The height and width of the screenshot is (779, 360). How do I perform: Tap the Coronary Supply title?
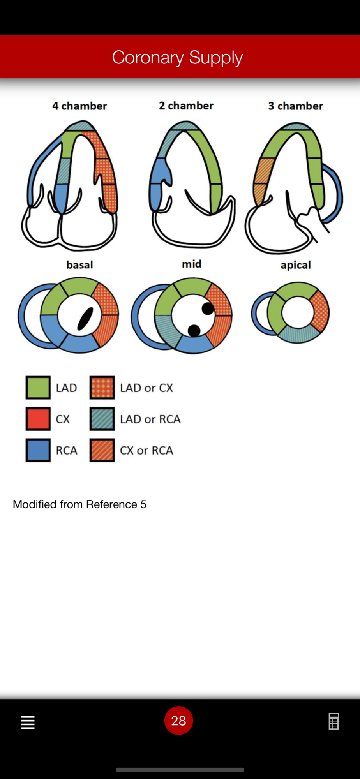[x=177, y=58]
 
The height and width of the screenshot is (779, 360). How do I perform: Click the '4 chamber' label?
[x=79, y=106]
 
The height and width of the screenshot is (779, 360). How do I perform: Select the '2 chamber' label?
[x=186, y=106]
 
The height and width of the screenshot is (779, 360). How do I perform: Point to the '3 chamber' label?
[x=296, y=106]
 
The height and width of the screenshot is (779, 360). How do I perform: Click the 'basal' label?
[x=79, y=265]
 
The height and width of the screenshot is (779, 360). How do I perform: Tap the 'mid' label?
[x=192, y=264]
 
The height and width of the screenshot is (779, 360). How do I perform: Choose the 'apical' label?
[x=296, y=265]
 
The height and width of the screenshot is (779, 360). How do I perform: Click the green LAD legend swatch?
[x=38, y=388]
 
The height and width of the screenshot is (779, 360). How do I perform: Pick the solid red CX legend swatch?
[x=38, y=419]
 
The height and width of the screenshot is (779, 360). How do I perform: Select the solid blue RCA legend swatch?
[x=38, y=450]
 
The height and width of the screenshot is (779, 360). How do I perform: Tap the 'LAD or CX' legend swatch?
[x=102, y=388]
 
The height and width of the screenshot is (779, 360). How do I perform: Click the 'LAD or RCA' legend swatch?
[x=102, y=419]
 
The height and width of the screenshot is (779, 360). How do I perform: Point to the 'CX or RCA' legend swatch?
[x=102, y=450]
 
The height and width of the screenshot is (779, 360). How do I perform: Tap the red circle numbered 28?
[x=178, y=721]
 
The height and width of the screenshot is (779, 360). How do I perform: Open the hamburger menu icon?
[x=28, y=723]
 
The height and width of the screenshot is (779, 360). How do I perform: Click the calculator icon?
[x=334, y=722]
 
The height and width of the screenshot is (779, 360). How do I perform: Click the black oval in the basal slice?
[x=85, y=319]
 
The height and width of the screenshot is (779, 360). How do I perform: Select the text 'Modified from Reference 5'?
[x=79, y=504]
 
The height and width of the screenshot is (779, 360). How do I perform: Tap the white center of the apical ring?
[x=298, y=312]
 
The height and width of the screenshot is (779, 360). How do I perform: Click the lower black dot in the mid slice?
[x=194, y=331]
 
